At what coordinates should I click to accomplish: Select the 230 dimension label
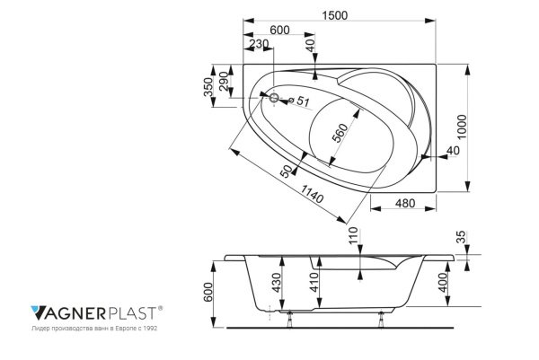pos(258,45)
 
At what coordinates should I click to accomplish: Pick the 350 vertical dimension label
pos(208,87)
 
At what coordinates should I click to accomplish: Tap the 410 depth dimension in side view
pos(315,288)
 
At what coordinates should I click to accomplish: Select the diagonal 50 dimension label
pos(287,171)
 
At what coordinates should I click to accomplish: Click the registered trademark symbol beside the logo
pos(161,308)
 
